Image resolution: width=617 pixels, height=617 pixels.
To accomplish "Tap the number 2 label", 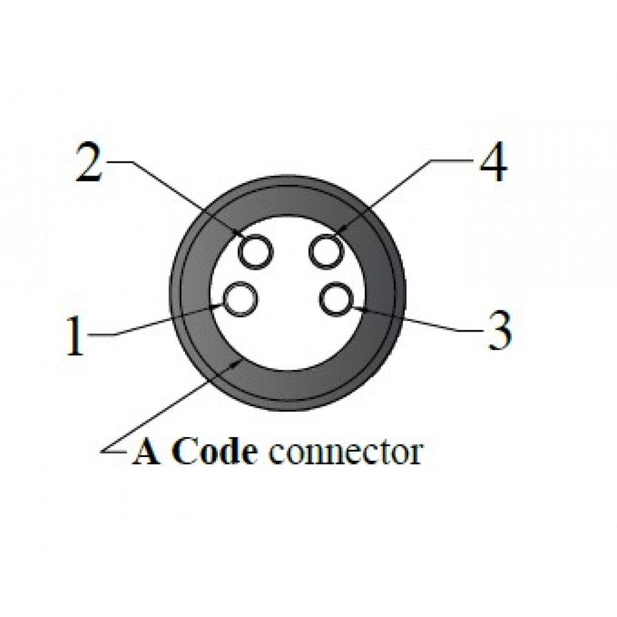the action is tap(89, 162).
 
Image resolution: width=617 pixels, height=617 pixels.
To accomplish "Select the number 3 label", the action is tap(499, 332).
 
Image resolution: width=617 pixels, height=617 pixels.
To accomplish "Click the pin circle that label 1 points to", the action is tap(241, 300).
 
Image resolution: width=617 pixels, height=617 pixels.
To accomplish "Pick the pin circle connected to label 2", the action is tap(255, 251).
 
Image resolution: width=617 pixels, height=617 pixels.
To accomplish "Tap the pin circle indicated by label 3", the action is tap(336, 300).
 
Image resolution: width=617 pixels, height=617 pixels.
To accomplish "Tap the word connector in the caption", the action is tap(346, 452).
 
